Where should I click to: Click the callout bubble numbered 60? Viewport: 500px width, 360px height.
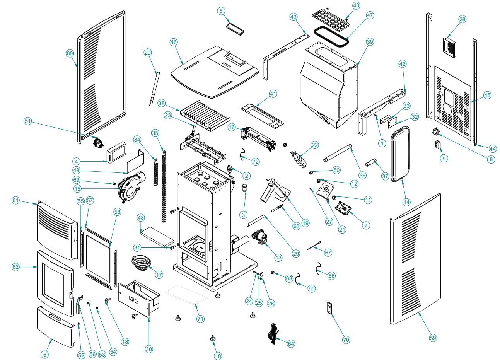(x=70, y=54)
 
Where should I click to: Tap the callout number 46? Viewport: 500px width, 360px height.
(x=173, y=42)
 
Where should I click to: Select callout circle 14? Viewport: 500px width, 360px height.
(x=406, y=201)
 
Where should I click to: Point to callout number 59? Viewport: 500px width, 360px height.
(x=433, y=338)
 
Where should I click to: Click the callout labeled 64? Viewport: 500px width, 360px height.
(x=291, y=343)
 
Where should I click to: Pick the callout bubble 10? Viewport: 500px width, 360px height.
(x=218, y=356)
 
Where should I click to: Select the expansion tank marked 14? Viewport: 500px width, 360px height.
(x=400, y=155)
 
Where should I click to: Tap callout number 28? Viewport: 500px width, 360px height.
(x=462, y=19)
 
